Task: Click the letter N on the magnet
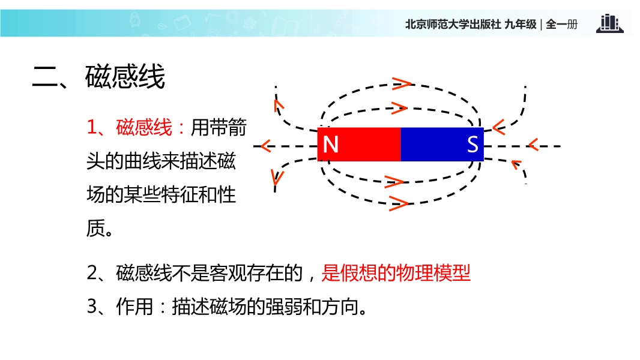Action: coord(331,144)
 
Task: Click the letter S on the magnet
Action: coord(472,144)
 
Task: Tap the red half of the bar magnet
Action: coord(359,145)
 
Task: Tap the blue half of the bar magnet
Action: coord(442,145)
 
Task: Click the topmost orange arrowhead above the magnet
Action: coord(402,83)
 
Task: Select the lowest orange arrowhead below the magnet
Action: coord(399,203)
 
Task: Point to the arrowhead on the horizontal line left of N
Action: coord(266,146)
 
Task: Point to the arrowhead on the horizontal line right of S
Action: coord(533,145)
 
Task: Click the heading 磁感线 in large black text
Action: coord(125,77)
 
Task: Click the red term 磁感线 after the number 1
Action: coord(144,127)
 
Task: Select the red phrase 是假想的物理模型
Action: coord(396,273)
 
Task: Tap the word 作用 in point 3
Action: coord(134,306)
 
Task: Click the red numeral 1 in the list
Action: coord(92,127)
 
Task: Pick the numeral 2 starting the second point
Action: coord(92,273)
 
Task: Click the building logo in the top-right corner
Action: coord(610,23)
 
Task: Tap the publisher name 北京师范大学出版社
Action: coord(453,25)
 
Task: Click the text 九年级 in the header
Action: coord(521,25)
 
